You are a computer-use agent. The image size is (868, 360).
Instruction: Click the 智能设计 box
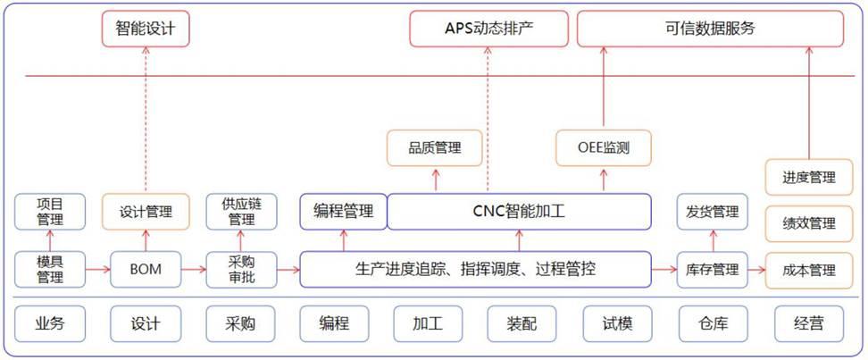[x=146, y=29]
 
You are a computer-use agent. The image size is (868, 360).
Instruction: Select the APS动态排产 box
[x=489, y=29]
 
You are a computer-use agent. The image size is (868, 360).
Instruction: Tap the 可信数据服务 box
[x=710, y=29]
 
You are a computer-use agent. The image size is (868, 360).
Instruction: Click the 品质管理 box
[x=435, y=147]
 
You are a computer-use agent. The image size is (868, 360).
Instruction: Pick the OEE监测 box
[x=604, y=147]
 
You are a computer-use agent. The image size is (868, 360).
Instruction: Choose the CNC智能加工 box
[x=519, y=212]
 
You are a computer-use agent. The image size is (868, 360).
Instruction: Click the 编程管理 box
[x=343, y=212]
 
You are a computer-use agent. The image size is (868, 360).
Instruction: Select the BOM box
[x=146, y=269]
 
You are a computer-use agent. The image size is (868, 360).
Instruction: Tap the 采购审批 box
[x=240, y=269]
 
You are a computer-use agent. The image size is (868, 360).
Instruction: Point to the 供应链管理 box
[x=240, y=212]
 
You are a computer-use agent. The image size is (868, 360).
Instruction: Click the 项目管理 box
[x=50, y=212]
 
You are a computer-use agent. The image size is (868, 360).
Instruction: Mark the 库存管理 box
[x=713, y=269]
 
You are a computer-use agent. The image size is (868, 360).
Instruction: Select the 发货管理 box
[x=713, y=212]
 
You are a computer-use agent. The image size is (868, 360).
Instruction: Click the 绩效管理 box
[x=808, y=223]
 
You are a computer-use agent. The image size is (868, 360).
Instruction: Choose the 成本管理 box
[x=808, y=269]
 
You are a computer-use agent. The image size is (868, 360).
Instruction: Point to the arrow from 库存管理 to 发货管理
[x=713, y=240]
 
